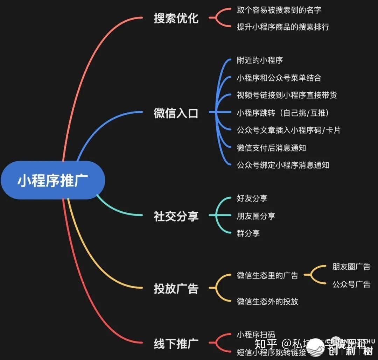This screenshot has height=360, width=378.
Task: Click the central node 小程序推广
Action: (x=52, y=181)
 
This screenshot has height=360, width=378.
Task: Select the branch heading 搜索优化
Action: (x=176, y=19)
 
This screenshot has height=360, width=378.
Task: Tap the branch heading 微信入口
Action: (x=176, y=113)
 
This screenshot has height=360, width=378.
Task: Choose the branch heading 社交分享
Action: (x=176, y=216)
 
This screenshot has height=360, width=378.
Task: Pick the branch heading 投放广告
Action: (x=176, y=289)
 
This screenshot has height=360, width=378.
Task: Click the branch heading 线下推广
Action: (x=176, y=344)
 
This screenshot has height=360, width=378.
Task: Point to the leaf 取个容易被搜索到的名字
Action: (x=279, y=10)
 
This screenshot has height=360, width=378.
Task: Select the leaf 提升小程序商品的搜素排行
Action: (x=283, y=27)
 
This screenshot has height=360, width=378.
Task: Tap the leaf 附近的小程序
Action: (x=260, y=60)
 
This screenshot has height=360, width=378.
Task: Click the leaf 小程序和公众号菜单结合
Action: (x=279, y=78)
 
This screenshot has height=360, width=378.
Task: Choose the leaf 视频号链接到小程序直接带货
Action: (x=287, y=95)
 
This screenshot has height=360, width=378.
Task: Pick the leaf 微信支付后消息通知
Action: (x=271, y=148)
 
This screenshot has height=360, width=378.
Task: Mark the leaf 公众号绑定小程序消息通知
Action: (x=283, y=165)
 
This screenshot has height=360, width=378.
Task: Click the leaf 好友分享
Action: (x=252, y=198)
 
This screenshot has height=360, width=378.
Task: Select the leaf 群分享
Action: (x=248, y=233)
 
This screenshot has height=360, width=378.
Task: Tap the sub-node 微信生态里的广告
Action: (x=267, y=275)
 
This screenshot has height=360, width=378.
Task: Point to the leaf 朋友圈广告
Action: (x=351, y=267)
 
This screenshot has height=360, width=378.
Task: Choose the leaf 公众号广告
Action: (x=351, y=284)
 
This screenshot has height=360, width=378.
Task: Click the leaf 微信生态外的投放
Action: (x=267, y=301)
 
